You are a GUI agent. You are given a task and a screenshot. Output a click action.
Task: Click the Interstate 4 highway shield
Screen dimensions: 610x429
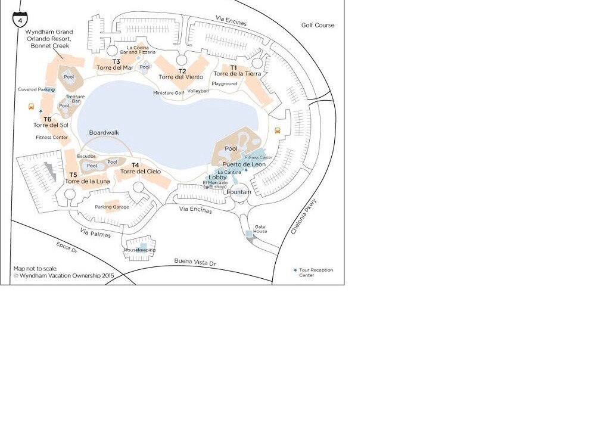coord(20,19)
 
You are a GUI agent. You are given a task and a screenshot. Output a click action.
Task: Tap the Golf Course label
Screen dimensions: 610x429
coord(318,25)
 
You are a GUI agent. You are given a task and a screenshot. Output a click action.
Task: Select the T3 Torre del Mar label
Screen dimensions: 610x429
coord(115,64)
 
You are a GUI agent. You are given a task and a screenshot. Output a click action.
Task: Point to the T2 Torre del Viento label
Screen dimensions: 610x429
coord(181,74)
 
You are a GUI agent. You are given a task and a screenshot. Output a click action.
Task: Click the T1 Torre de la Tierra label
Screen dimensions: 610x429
coord(237,71)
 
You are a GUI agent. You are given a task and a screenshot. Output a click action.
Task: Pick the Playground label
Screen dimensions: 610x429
coord(225,83)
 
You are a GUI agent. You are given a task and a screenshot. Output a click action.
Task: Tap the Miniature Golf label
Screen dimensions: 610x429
coord(169,92)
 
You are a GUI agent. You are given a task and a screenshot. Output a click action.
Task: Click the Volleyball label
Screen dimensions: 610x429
coord(198,91)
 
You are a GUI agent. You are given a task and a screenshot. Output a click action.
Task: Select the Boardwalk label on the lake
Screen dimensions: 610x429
coord(104,133)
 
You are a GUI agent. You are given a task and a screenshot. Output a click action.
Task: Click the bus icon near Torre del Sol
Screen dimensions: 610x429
coord(31,106)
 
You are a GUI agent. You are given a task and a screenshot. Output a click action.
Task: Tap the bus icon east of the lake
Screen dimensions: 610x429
coord(278,130)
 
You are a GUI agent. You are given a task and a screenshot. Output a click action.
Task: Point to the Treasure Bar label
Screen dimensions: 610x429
coord(75,99)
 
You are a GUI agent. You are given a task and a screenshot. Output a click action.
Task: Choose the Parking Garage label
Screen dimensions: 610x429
coord(112,207)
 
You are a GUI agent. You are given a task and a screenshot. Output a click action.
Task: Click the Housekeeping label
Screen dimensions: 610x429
coord(139,250)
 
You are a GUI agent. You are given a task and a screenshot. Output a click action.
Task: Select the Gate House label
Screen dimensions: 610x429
coord(260,229)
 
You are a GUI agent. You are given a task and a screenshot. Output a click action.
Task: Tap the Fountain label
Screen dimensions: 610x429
coord(239,192)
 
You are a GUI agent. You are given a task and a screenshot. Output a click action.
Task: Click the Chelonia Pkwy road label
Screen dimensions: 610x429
coord(304,216)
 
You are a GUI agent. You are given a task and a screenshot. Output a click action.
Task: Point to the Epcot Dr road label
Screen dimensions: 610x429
coord(67,247)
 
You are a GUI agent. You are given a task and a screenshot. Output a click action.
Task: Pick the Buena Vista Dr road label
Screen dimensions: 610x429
coord(195,262)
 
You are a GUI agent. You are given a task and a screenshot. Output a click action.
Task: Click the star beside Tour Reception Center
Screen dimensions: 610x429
coord(295,270)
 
